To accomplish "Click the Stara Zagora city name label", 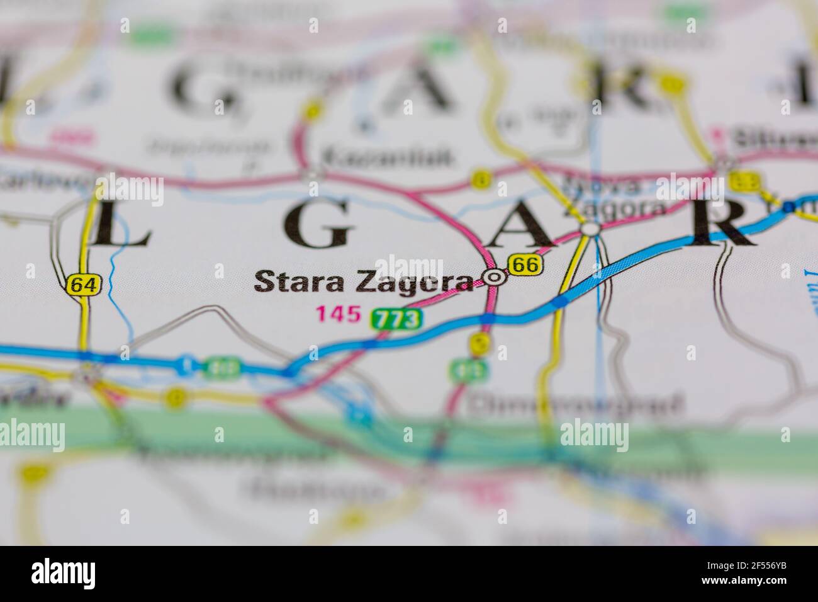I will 363,282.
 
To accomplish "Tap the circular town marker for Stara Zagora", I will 495,276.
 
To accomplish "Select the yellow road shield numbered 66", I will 525,265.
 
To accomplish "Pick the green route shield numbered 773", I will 396,319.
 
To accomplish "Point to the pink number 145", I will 339,312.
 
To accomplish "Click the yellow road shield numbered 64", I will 83,285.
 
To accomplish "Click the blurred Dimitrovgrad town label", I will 576,405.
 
